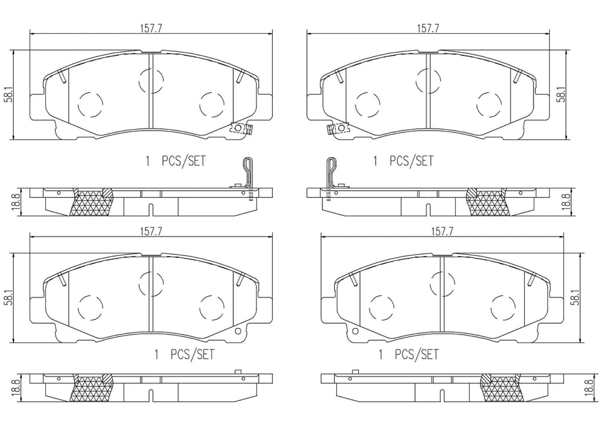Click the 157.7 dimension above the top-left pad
tap(151, 28)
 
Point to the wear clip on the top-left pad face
tap(241, 129)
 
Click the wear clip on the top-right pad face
tap(335, 129)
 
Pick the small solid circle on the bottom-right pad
tap(355, 332)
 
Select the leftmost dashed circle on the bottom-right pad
tap(381, 307)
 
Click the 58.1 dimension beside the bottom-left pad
tap(9, 297)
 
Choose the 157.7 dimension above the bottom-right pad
tap(442, 231)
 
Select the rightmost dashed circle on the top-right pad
tap(489, 105)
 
